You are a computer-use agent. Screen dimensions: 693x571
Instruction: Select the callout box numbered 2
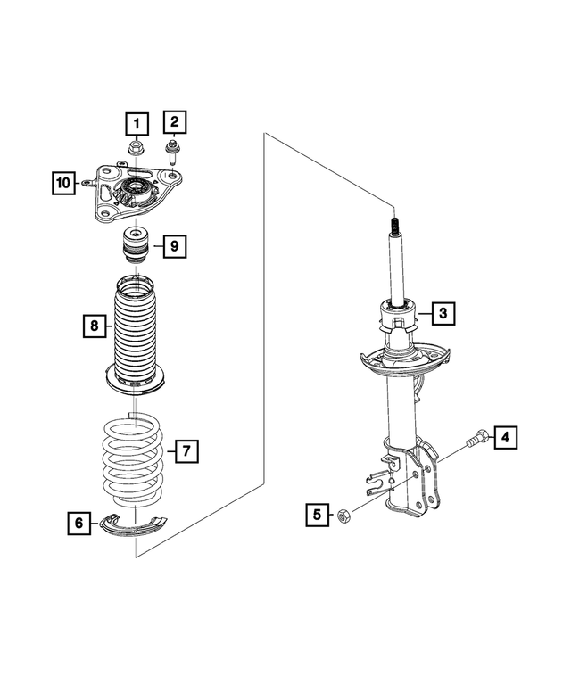(174, 121)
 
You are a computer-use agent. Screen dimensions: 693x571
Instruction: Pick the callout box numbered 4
(504, 437)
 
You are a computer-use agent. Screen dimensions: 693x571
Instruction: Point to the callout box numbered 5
(317, 514)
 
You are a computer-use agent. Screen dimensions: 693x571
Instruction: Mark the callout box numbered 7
(185, 450)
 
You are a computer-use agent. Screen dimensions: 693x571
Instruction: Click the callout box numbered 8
(93, 326)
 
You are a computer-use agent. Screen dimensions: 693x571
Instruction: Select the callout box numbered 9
(174, 244)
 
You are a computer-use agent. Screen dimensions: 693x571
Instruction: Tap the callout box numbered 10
(62, 184)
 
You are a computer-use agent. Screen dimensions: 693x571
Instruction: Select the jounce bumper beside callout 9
(134, 245)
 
